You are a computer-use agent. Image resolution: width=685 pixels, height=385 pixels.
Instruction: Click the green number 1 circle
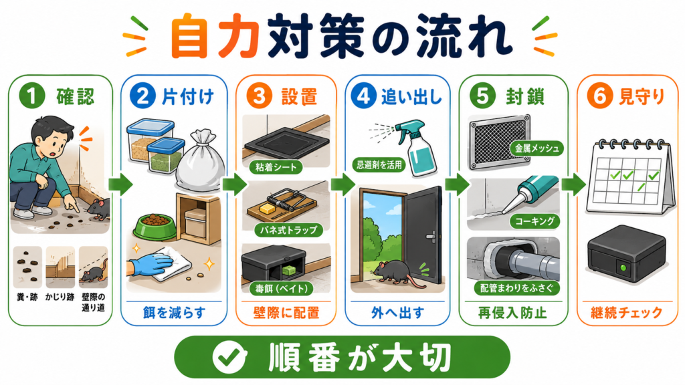[32, 96]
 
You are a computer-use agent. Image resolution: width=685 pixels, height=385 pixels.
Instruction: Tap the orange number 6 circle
[600, 96]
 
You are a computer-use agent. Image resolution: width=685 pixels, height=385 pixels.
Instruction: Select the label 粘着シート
[276, 166]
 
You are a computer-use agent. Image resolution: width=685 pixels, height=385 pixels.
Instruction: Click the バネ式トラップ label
[289, 230]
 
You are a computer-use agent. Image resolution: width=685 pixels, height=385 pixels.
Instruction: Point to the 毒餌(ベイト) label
[282, 288]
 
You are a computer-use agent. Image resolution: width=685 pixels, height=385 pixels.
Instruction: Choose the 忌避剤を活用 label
[379, 164]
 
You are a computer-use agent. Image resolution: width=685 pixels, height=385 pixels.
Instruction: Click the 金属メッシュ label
[537, 148]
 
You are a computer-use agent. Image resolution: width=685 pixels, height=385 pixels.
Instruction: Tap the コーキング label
[534, 221]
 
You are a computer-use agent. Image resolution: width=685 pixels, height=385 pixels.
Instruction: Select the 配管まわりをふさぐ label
[516, 287]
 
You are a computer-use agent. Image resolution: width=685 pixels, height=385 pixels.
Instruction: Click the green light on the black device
[623, 267]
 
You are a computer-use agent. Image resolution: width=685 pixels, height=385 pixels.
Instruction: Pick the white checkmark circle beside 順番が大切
[229, 357]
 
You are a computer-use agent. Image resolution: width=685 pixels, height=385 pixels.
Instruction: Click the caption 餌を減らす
[174, 313]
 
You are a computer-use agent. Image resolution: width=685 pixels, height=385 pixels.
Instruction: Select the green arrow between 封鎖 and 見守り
[573, 184]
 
